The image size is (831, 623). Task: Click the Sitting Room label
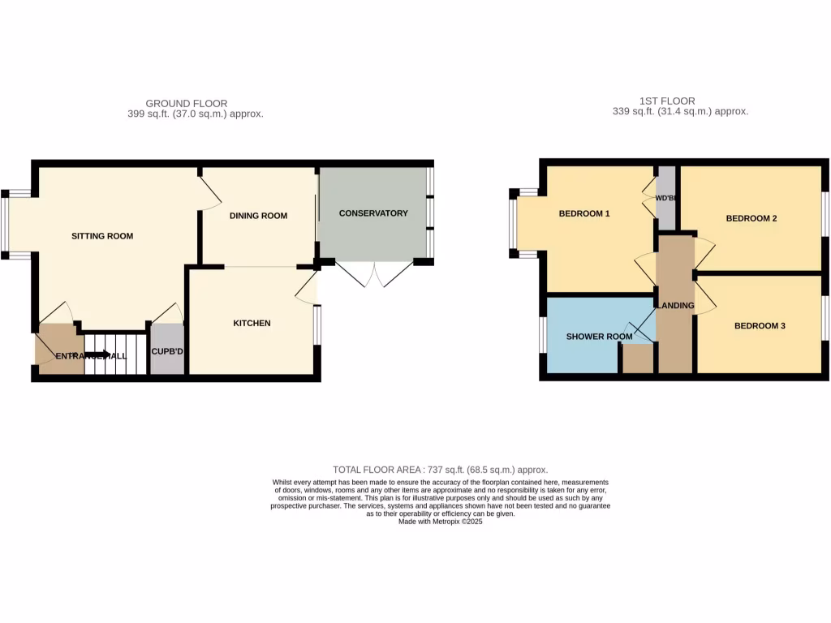tap(102, 236)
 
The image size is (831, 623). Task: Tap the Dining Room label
tap(258, 216)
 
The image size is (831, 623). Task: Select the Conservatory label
tap(373, 213)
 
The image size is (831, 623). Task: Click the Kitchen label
tap(252, 323)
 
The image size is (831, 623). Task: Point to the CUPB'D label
tap(167, 352)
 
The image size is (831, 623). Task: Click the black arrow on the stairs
tap(102, 354)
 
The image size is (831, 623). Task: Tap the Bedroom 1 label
tap(584, 214)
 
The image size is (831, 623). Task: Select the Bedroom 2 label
tap(751, 218)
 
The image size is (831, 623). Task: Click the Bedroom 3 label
tap(760, 326)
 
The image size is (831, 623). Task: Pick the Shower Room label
tap(599, 337)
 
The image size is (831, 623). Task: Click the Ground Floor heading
tap(187, 103)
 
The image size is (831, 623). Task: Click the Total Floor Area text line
tap(440, 470)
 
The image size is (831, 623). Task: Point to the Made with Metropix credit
tap(440, 522)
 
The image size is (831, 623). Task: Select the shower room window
tap(542, 334)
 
